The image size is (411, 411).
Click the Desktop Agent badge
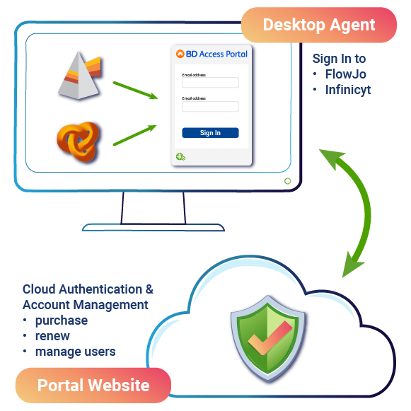pos(318,25)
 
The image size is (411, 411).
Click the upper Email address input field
pos(210,82)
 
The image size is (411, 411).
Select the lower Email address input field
pos(210,107)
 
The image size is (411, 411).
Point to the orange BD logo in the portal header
pos(180,54)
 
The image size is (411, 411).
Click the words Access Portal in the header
pos(222,54)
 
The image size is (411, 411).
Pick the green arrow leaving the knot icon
pos(134,135)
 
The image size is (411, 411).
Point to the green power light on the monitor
pos(287,181)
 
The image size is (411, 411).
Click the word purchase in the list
pos(62,320)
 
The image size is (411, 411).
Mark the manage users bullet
pos(75,352)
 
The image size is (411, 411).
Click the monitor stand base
pos(153,227)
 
